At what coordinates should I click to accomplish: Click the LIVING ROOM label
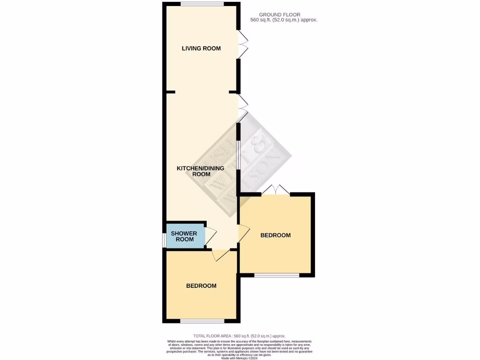[x=201, y=48]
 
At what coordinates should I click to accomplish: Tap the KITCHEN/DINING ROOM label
[x=201, y=171]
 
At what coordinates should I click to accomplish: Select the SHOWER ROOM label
[x=184, y=236]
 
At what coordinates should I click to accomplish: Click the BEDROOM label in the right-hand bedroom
[x=276, y=235]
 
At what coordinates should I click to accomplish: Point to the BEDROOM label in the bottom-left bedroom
[x=201, y=286]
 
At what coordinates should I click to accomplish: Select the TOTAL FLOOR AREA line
[x=240, y=336]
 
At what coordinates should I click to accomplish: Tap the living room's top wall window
[x=202, y=4]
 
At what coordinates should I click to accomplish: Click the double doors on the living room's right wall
[x=242, y=45]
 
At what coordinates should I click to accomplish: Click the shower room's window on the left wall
[x=164, y=239]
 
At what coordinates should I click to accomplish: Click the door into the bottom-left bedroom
[x=220, y=255]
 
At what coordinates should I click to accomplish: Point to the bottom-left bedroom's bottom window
[x=202, y=321]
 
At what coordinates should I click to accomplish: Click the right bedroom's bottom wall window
[x=277, y=275]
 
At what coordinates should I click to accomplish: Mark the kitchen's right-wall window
[x=239, y=154]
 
